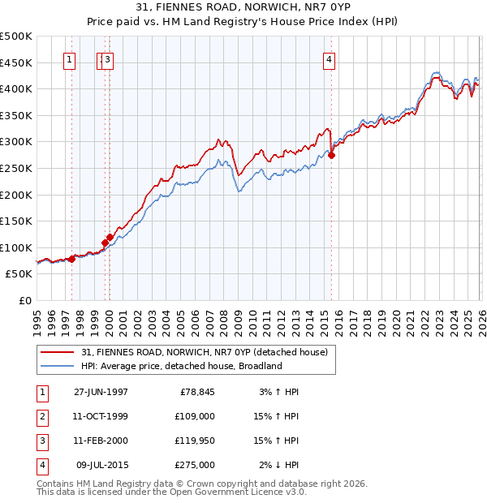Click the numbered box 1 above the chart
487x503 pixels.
pyautogui.click(x=69, y=58)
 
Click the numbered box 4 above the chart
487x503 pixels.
pyautogui.click(x=329, y=58)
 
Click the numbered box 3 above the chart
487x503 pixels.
pyautogui.click(x=108, y=58)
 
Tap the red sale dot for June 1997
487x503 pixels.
pyautogui.click(x=72, y=259)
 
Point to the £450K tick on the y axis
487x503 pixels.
pyautogui.click(x=17, y=62)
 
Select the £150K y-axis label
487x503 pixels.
pyautogui.click(x=17, y=221)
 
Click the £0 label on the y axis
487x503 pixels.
pyautogui.click(x=25, y=300)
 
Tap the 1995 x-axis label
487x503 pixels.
pyautogui.click(x=37, y=318)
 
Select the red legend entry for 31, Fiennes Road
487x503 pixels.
pyautogui.click(x=204, y=352)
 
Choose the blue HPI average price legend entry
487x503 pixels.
pyautogui.click(x=180, y=366)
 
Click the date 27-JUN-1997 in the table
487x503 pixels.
pyautogui.click(x=101, y=392)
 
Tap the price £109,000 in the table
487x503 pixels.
pyautogui.click(x=196, y=416)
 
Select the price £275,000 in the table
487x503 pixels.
pyautogui.click(x=196, y=465)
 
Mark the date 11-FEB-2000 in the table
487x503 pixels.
pyautogui.click(x=101, y=441)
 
